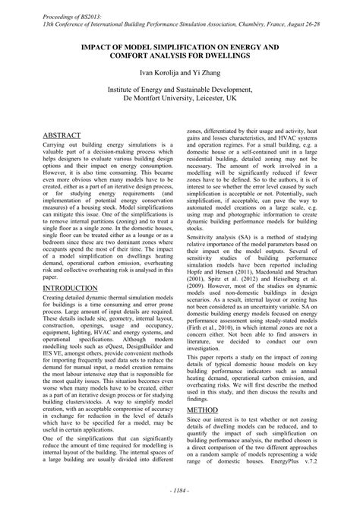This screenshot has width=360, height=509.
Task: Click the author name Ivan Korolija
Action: (x=156, y=72)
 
